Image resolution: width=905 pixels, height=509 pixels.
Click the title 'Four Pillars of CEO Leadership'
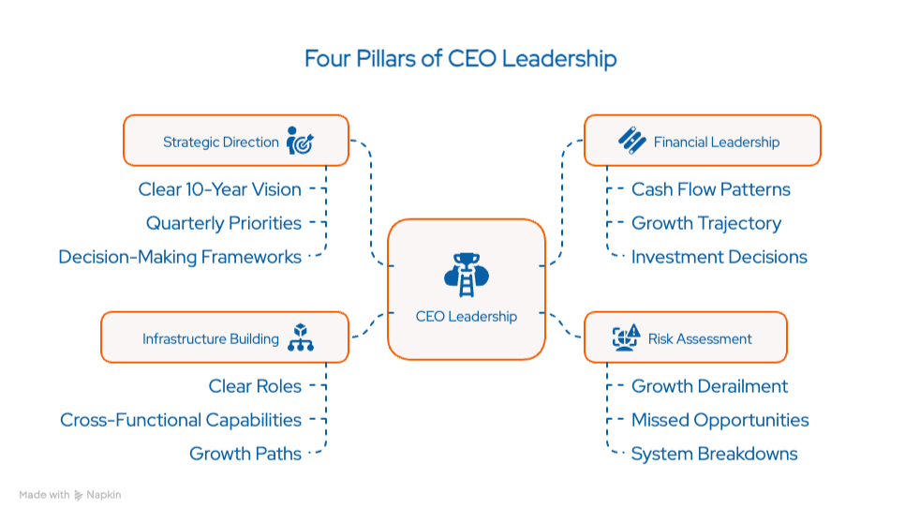click(x=460, y=59)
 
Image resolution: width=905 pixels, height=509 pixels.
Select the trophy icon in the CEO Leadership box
click(x=466, y=273)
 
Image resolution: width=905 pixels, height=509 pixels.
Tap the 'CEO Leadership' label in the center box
click(x=466, y=317)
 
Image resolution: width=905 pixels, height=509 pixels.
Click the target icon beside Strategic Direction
click(x=300, y=142)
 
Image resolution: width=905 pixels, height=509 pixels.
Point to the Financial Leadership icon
click(x=631, y=141)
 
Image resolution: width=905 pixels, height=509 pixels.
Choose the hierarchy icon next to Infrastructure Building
click(x=300, y=337)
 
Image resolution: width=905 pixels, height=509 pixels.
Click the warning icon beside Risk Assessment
click(x=626, y=337)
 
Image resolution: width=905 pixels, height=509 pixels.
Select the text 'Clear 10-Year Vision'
click(x=220, y=189)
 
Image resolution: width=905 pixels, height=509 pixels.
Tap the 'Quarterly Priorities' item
click(x=224, y=223)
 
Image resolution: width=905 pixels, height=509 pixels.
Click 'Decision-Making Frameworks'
click(x=180, y=256)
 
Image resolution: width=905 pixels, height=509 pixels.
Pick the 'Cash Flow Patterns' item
click(x=711, y=189)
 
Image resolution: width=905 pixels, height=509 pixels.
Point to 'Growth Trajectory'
click(x=706, y=223)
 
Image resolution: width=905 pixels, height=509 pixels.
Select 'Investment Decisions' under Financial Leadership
click(x=720, y=256)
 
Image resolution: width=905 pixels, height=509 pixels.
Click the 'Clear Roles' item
click(x=255, y=386)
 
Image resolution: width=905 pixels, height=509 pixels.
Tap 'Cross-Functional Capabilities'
click(x=181, y=420)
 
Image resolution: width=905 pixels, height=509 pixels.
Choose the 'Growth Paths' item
click(x=245, y=454)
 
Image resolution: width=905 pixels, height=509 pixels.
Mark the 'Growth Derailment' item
click(x=710, y=386)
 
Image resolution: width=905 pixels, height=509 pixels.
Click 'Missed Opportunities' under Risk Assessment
click(x=720, y=420)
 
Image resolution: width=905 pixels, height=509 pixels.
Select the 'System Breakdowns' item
click(x=715, y=454)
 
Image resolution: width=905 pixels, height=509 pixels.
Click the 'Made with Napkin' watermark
click(x=70, y=494)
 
